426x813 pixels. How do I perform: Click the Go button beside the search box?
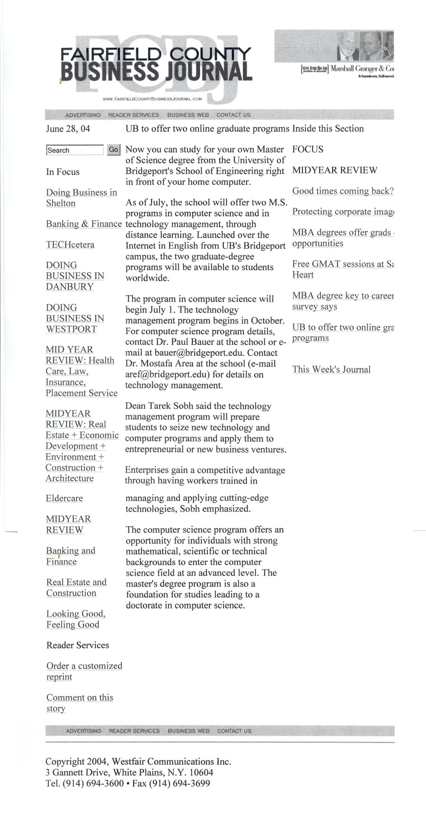coord(114,150)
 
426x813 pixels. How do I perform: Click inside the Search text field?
coord(75,150)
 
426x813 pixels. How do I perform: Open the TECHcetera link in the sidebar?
coord(70,245)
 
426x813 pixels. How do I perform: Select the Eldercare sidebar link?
coord(64,499)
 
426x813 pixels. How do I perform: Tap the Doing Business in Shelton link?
coord(81,198)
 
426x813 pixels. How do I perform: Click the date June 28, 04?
coord(68,129)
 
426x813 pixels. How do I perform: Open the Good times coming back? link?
coord(343,191)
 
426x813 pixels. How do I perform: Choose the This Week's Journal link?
coord(331,370)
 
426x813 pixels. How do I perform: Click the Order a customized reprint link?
coord(84,671)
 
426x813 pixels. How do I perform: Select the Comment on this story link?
coord(79,703)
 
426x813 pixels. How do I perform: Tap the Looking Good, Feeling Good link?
coord(76,619)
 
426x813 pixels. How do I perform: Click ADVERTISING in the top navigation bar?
coord(83,115)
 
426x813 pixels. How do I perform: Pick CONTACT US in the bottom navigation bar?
coord(234,731)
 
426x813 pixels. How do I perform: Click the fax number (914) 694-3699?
coord(179,784)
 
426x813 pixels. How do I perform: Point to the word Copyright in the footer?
coord(65,762)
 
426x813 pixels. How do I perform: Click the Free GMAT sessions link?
coord(343,265)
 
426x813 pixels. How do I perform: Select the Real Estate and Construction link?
coord(76,588)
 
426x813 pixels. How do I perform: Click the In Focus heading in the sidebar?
coord(63,172)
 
